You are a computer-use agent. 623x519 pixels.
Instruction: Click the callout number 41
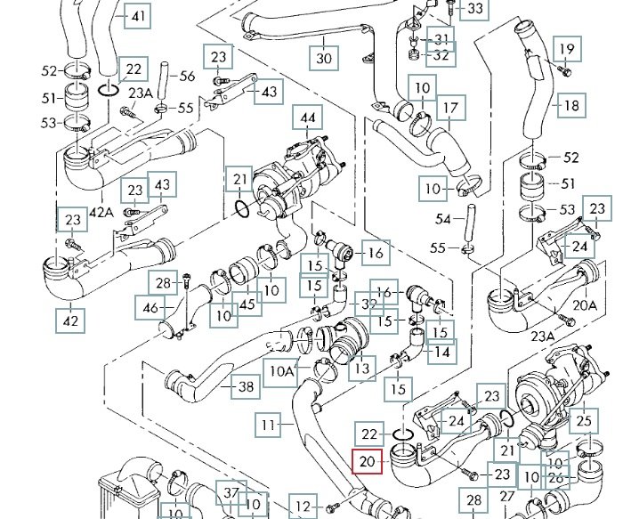point(137,17)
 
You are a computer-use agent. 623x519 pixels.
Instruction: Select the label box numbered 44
point(308,118)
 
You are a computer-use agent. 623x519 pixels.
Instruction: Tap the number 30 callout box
point(323,59)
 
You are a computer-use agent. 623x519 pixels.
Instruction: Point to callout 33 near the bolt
point(477,10)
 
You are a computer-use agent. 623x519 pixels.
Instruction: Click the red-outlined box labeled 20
point(368,462)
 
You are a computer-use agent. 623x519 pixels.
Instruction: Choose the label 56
point(187,76)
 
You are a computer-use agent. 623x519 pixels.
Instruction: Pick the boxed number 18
point(571,105)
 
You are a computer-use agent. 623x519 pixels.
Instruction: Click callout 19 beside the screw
point(566,47)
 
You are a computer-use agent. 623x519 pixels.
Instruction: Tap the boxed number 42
point(69,317)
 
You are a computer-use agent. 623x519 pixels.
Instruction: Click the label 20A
point(585,304)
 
